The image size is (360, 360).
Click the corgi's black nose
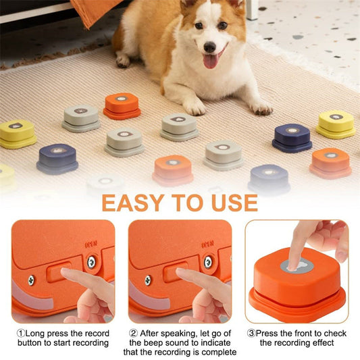click(209, 48)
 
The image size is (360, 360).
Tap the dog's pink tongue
click(210, 61)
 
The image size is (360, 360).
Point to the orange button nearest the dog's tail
click(122, 105)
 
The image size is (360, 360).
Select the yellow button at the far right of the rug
click(336, 124)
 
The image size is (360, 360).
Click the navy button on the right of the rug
click(292, 137)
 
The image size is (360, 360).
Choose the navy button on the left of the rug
click(57, 158)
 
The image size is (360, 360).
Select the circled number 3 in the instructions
click(251, 334)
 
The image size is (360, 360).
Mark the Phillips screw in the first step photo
click(32, 279)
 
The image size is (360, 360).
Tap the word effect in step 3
click(328, 343)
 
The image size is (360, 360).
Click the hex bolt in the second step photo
click(207, 261)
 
